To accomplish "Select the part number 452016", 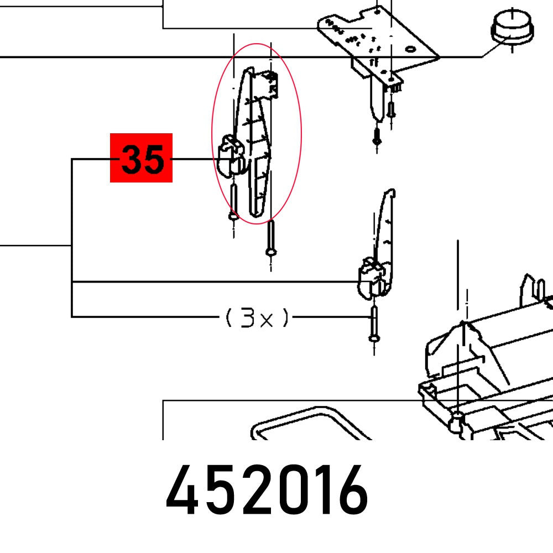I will [x=267, y=491].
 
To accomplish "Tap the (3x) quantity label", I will [x=257, y=318].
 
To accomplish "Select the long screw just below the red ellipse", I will [x=270, y=238].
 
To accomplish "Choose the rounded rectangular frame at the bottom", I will [x=299, y=426].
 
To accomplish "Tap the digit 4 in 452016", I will [x=182, y=491].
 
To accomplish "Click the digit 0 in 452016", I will [x=283, y=491].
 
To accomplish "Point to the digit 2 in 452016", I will [x=250, y=491].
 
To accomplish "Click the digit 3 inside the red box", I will [x=132, y=159].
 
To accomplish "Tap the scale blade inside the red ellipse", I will [x=255, y=138].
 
